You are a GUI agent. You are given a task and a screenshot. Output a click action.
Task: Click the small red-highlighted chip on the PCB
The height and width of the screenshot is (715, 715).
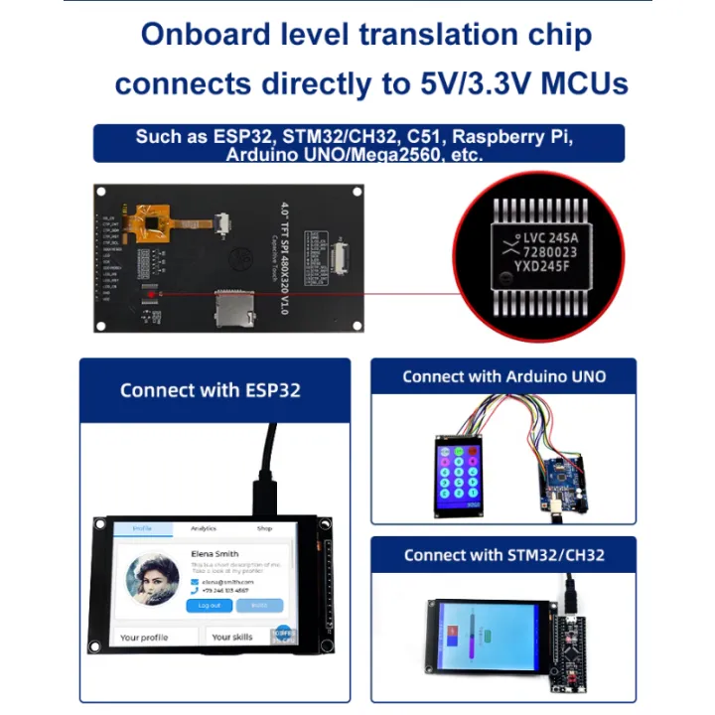coord(151,293)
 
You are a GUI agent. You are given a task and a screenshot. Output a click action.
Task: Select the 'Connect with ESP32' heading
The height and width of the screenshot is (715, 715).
coord(210,389)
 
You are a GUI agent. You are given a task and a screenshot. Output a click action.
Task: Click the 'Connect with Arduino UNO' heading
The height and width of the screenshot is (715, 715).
coord(504,376)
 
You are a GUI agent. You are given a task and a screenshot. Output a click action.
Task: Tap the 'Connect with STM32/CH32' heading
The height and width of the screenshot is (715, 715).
coord(504,555)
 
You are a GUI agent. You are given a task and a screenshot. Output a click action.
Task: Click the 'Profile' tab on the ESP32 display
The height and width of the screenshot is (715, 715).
coord(143,529)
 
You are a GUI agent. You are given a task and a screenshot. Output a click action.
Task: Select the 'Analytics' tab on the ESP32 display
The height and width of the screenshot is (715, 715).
coord(204,529)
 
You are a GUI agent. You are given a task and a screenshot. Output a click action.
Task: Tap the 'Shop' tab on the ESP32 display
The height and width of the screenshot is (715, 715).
coord(264,529)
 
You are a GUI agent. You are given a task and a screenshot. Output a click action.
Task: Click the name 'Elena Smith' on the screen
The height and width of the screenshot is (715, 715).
coord(214,554)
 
